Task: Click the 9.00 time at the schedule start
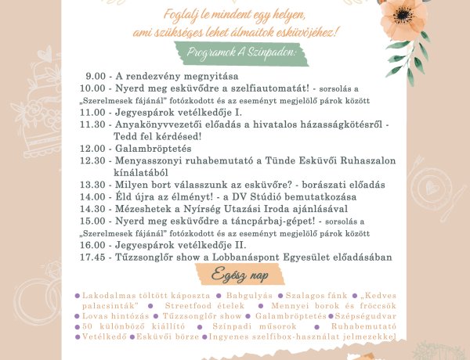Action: tap(96, 76)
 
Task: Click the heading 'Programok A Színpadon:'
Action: tap(241, 52)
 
